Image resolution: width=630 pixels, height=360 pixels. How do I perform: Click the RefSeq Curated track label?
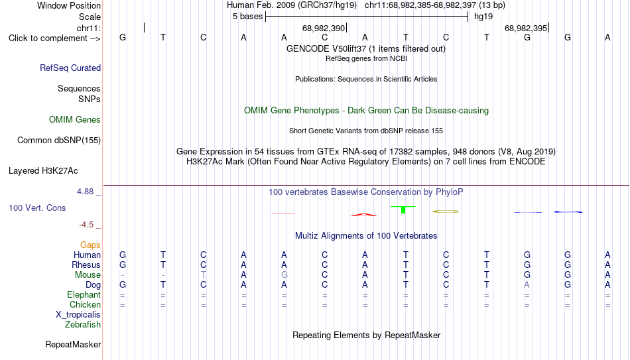pos(70,68)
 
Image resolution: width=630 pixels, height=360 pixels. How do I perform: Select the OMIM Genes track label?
pos(75,120)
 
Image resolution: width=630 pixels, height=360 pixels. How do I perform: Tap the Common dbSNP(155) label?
pos(59,141)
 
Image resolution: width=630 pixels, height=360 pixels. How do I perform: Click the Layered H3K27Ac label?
pos(43,171)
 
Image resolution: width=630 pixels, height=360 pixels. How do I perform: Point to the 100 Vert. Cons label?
pos(37,208)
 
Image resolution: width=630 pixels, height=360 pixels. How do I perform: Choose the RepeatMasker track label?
pos(73,344)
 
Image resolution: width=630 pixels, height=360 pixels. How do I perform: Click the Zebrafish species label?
pos(83,324)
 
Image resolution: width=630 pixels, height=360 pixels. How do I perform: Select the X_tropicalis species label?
pos(78,315)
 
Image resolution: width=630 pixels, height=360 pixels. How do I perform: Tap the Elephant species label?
pos(84,294)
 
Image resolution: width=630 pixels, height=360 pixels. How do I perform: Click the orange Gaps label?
pos(90,245)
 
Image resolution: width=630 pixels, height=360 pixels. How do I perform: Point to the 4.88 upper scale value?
pos(85,192)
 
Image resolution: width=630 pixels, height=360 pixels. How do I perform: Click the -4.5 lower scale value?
pos(86,225)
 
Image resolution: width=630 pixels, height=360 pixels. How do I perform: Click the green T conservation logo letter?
pos(403,209)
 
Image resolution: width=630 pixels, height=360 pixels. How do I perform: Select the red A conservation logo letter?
pos(364,215)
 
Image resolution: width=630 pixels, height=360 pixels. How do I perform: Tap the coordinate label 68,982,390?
pos(324,28)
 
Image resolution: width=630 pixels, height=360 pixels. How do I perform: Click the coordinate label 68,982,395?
pos(526,28)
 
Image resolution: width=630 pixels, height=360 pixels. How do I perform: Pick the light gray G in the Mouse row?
pos(284,275)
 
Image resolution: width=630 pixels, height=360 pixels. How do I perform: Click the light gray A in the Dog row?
pos(527,285)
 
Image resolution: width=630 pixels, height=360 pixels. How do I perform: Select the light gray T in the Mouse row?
pos(204,275)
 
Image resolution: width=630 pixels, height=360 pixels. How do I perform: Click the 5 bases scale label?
pos(247,17)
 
